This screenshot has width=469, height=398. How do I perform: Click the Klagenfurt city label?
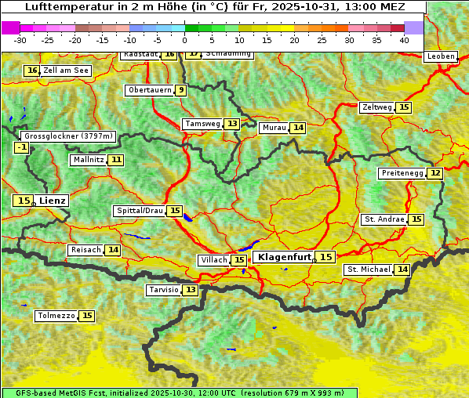tap(285, 257)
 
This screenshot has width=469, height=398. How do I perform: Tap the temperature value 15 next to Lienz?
tap(24, 201)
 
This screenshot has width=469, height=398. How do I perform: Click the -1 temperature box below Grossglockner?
tap(22, 147)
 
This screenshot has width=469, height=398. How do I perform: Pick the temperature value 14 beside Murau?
tap(297, 128)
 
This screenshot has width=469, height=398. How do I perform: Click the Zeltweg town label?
tap(376, 107)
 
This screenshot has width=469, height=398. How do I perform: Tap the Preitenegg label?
tap(402, 173)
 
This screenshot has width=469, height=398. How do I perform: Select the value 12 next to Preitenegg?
tap(434, 173)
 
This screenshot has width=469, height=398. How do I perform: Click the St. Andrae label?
tap(384, 219)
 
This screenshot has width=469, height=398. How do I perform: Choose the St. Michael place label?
tap(369, 270)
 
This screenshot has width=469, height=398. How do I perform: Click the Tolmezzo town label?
tap(56, 317)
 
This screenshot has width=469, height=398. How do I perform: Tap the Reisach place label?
tap(85, 250)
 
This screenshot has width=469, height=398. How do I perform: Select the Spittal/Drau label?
tap(140, 212)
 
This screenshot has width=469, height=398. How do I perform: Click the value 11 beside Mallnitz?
tap(116, 160)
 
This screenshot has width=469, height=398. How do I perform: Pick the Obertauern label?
tap(149, 90)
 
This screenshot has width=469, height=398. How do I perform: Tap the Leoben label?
tap(440, 56)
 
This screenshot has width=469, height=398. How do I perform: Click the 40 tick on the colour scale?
tap(404, 40)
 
